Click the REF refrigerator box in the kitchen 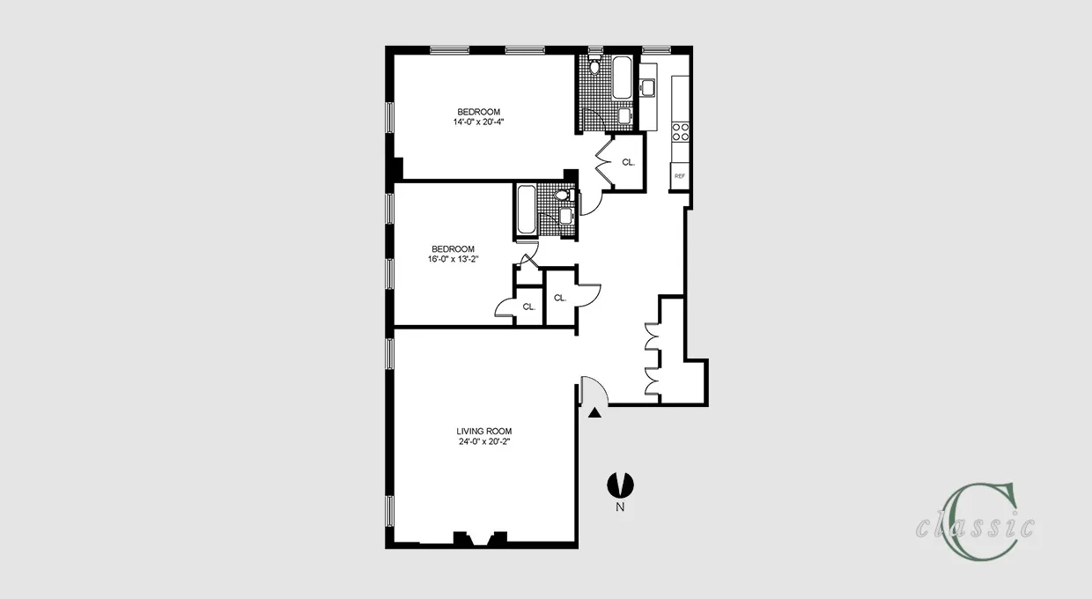[x=679, y=176]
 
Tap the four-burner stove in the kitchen [x=680, y=131]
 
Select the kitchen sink [x=648, y=86]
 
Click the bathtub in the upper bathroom [x=621, y=78]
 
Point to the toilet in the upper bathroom [x=595, y=66]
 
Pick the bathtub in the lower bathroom [x=526, y=210]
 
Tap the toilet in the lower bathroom [x=564, y=196]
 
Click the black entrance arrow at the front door [x=595, y=411]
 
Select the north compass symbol [x=620, y=484]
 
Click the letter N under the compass [x=620, y=507]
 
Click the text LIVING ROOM [x=483, y=431]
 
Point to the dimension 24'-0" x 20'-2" [x=483, y=441]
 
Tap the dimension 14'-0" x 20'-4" [x=478, y=122]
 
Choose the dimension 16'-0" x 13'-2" [x=453, y=260]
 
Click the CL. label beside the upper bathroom [x=628, y=162]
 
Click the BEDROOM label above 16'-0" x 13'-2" [x=453, y=248]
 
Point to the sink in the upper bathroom [x=623, y=115]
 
